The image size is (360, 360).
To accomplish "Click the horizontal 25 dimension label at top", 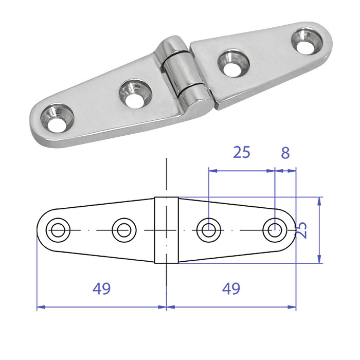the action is point(242,152).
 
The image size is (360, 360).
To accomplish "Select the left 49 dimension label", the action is point(102,289).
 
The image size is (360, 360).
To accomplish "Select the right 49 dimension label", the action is point(231,289).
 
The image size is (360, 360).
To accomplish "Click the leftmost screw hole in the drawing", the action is point(58,230).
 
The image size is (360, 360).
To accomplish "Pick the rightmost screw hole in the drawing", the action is point(275,230).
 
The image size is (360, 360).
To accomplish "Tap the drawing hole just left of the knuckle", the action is point(124,230).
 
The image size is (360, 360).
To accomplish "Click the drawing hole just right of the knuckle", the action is point(209,230).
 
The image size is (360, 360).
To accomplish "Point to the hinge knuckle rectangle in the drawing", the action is point(167,230).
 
